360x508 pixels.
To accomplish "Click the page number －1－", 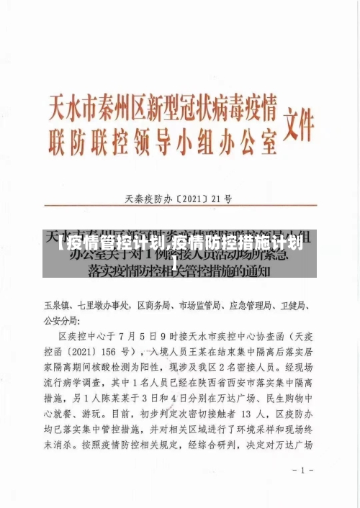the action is (x=298, y=470).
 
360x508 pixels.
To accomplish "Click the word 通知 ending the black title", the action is (x=255, y=271).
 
